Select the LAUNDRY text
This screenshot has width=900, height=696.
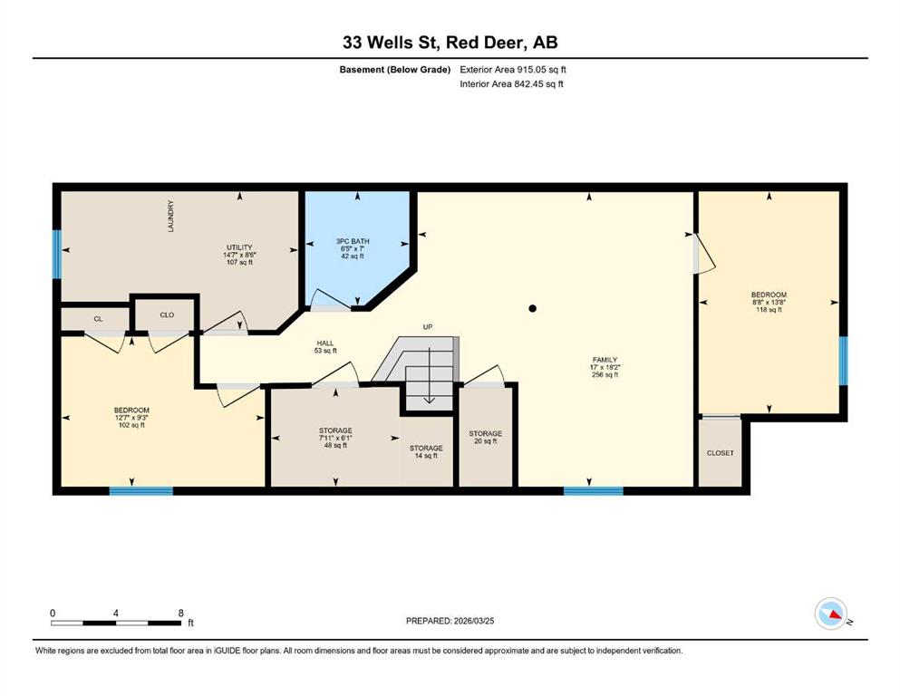pyautogui.click(x=170, y=216)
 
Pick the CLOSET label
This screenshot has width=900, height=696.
pyautogui.click(x=721, y=453)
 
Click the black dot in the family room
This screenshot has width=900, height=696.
pyautogui.click(x=533, y=308)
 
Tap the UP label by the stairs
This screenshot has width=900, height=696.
pyautogui.click(x=428, y=326)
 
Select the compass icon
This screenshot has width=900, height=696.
pyautogui.click(x=831, y=614)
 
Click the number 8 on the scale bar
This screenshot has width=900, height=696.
pyautogui.click(x=180, y=613)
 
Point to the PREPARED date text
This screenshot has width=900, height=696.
pyautogui.click(x=450, y=621)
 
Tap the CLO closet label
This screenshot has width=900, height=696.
pyautogui.click(x=167, y=314)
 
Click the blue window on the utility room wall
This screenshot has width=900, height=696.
pyautogui.click(x=57, y=254)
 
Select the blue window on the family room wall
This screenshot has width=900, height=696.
pyautogui.click(x=594, y=490)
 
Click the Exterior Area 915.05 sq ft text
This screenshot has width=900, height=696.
pyautogui.click(x=513, y=70)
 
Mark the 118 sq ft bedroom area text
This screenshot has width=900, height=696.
pyautogui.click(x=769, y=310)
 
